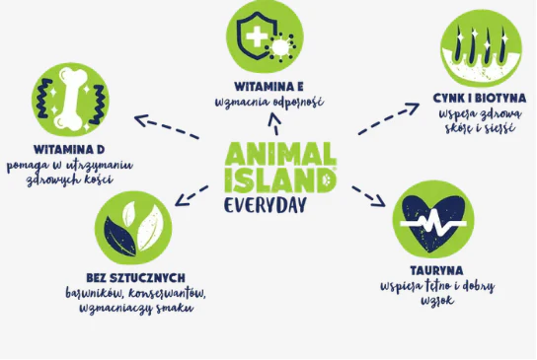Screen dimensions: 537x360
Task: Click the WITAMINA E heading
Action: pyautogui.click(x=268, y=87)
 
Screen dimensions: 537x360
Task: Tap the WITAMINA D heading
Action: pyautogui.click(x=69, y=150)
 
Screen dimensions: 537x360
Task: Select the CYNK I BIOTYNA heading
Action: pyautogui.click(x=480, y=99)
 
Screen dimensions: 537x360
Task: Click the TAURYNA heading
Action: pyautogui.click(x=436, y=270)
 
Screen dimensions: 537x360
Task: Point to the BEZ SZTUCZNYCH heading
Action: pyautogui.click(x=135, y=278)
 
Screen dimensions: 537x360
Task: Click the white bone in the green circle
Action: pyautogui.click(x=71, y=99)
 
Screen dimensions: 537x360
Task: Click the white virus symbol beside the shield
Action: pyautogui.click(x=280, y=47)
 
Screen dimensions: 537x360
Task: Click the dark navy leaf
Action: pyautogui.click(x=119, y=236)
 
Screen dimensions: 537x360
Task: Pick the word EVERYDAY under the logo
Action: pyautogui.click(x=265, y=206)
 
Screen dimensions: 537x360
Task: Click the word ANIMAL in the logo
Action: pyautogui.click(x=279, y=154)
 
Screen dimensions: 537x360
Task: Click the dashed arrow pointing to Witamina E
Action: pyautogui.click(x=274, y=123)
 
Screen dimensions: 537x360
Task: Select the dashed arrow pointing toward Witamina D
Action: pyautogui.click(x=167, y=126)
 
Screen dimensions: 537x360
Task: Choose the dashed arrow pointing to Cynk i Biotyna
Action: pyautogui.click(x=388, y=118)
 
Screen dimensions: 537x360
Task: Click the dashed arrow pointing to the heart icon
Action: pyautogui.click(x=368, y=196)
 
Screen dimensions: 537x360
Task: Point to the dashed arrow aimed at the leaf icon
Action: pyautogui.click(x=192, y=196)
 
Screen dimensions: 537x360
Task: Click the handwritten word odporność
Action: pyautogui.click(x=295, y=102)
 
